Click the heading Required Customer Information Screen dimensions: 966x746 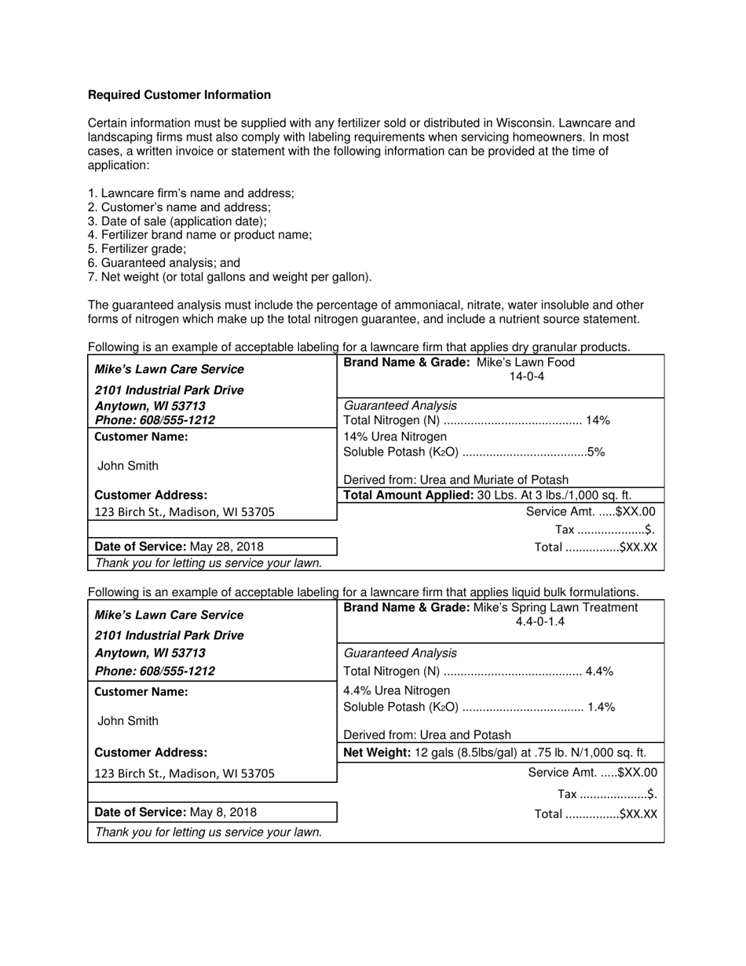[179, 95]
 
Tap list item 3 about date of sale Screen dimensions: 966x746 [177, 221]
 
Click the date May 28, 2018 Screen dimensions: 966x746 [227, 547]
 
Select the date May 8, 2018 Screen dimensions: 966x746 [223, 812]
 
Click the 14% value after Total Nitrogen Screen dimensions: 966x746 [598, 421]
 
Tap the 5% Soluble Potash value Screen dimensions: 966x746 [596, 452]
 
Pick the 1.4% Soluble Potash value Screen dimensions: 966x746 [601, 707]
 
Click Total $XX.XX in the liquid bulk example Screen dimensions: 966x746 [595, 814]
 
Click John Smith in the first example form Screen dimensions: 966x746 [128, 466]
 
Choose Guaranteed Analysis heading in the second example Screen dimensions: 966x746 [400, 653]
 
